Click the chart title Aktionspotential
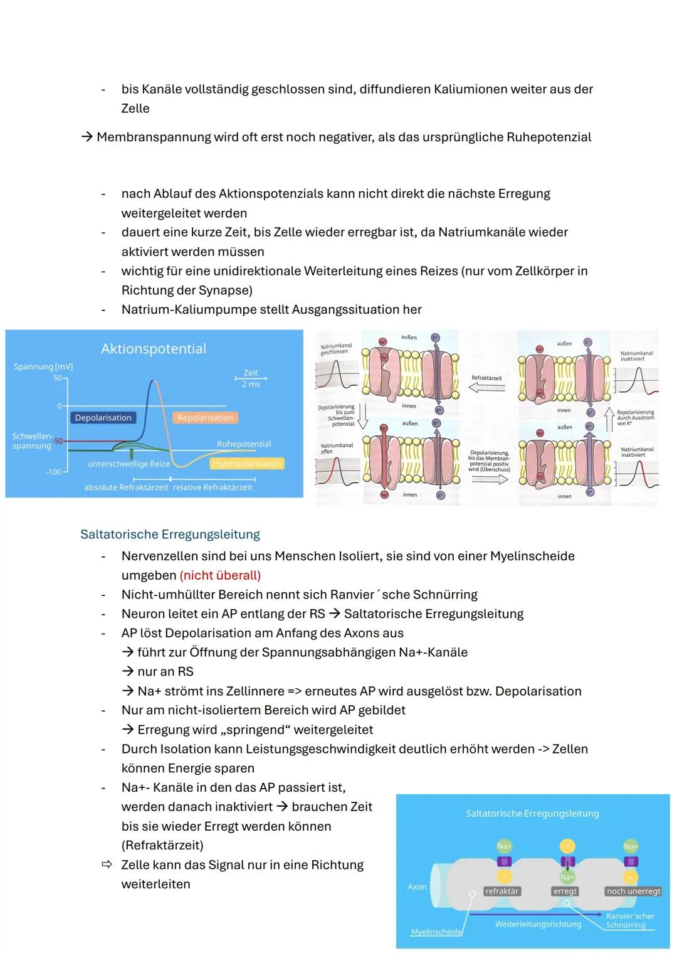tap(154, 349)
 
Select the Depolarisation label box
tap(103, 418)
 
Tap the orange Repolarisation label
tap(205, 418)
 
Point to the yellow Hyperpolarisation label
tap(246, 464)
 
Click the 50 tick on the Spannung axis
tap(57, 378)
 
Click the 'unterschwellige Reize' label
tap(129, 464)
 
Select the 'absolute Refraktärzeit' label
tap(126, 487)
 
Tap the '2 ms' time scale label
tap(251, 384)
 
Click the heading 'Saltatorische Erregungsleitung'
tap(170, 535)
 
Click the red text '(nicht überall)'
tap(220, 575)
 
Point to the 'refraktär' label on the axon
tap(501, 891)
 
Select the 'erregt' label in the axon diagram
tap(565, 891)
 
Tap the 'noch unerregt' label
tap(633, 891)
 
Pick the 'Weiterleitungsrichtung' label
tap(538, 924)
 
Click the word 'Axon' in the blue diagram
tap(417, 886)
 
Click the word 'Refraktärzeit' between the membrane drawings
tap(486, 378)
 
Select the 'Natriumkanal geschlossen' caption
tap(336, 349)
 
